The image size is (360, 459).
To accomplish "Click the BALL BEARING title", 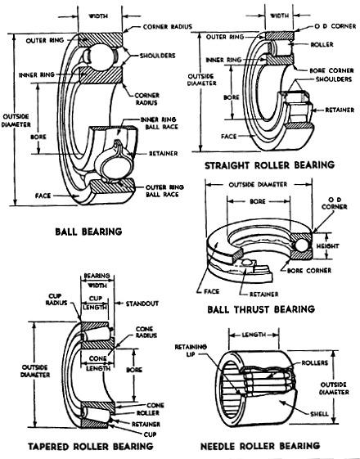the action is (x=88, y=232).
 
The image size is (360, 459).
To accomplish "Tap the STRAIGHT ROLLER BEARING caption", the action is (x=269, y=165).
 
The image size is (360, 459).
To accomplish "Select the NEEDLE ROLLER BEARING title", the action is (x=260, y=446).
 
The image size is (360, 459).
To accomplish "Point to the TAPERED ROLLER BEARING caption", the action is (x=91, y=446).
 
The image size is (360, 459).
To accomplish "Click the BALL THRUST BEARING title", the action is (x=261, y=309).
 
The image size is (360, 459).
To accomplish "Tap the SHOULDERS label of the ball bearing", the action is (x=157, y=56).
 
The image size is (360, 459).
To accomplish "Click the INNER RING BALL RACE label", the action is (x=160, y=124).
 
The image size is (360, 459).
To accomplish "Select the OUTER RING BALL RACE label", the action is (x=164, y=191).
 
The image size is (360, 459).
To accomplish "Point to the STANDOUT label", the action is (x=142, y=304).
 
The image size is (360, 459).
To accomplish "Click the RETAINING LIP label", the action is (x=191, y=350).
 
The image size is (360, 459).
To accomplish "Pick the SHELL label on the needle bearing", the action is (x=319, y=414).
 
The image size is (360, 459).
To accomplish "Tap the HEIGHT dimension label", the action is (x=327, y=246).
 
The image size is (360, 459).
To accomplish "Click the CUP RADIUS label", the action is (x=56, y=299).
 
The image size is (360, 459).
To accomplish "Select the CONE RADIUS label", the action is (x=146, y=332).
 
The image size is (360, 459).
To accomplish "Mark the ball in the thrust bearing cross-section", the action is (x=301, y=245).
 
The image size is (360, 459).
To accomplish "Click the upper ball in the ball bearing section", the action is (x=101, y=56).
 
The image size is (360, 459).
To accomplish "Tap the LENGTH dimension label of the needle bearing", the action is (x=254, y=335).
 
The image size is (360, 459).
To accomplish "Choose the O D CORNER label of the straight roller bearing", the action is (x=335, y=26).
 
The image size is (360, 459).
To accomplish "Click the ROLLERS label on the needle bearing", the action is (x=315, y=363).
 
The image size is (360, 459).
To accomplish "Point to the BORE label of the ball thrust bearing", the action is (x=258, y=201).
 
